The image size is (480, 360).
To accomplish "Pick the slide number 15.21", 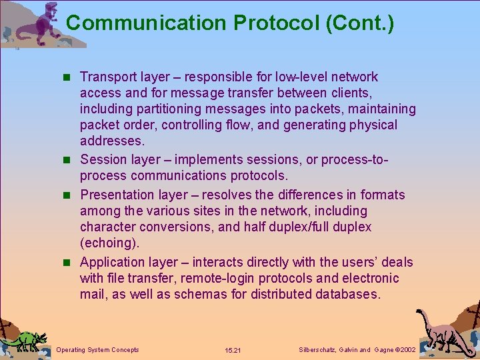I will pyautogui.click(x=233, y=350).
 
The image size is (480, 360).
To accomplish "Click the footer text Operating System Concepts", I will pyautogui.click(x=98, y=349).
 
